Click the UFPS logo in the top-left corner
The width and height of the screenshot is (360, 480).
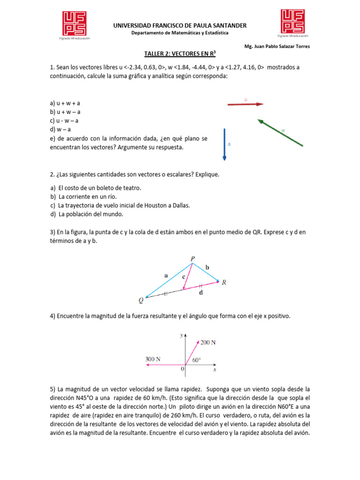(75, 24)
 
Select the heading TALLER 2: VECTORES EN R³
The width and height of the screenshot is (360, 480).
(180, 54)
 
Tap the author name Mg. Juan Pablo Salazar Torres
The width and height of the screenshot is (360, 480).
(277, 46)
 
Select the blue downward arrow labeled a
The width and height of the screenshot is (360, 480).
(225, 144)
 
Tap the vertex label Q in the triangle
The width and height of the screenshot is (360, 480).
(141, 301)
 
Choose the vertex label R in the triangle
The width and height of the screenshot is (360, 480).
(224, 283)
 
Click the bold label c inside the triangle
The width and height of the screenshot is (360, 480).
(184, 277)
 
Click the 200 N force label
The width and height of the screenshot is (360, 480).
(208, 342)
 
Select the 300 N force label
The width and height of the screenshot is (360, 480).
(153, 359)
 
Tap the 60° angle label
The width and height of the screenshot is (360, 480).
(196, 360)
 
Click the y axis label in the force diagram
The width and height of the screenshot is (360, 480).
(181, 336)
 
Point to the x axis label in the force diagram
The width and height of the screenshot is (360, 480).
(215, 370)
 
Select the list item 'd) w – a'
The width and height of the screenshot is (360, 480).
(61, 129)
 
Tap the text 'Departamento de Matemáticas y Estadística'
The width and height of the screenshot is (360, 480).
(180, 33)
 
